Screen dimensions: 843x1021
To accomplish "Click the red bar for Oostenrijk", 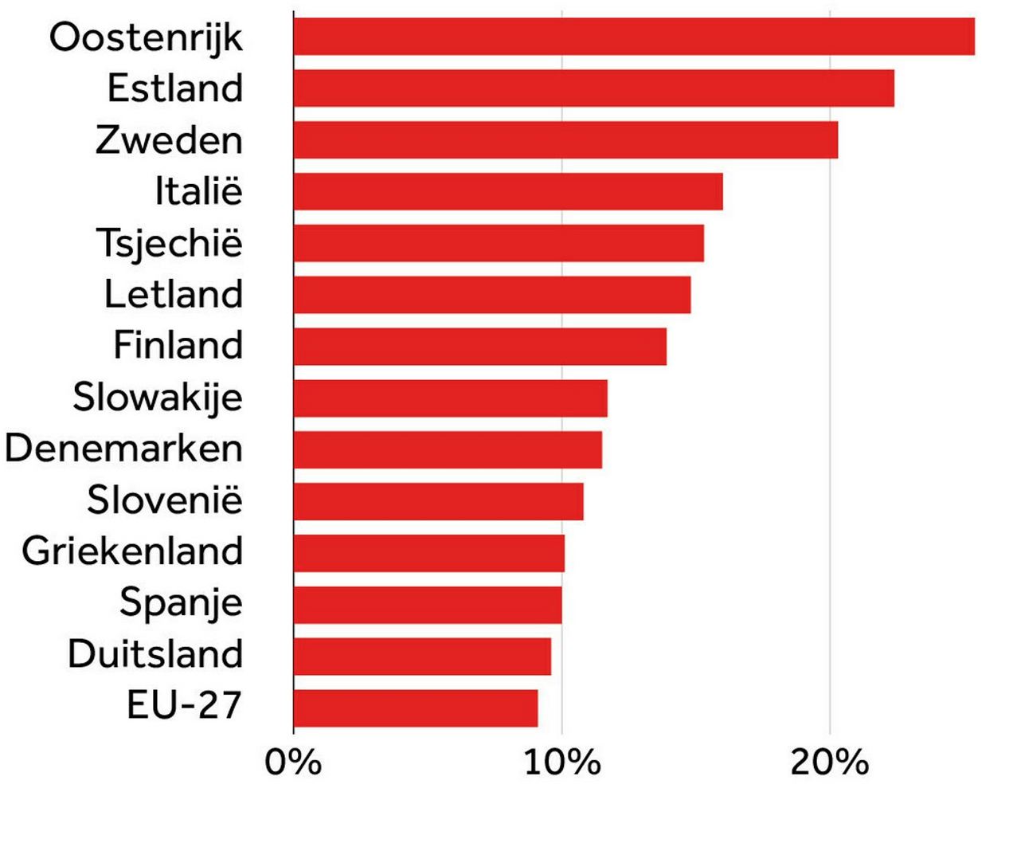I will pos(633,37).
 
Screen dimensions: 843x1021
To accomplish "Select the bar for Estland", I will pos(593,88).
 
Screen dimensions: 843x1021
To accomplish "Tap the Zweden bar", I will pos(565,140).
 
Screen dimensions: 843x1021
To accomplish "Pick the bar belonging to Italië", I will pos(507,191).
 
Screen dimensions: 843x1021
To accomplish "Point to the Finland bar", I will pos(479,347).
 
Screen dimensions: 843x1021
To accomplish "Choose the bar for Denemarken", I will pos(447,449).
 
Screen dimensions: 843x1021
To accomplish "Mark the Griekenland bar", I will pos(428,553).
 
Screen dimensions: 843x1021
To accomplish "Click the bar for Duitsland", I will pos(422,656).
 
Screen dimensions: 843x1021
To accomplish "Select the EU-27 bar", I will pos(415,708).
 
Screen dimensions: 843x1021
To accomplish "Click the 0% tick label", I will pos(293,763).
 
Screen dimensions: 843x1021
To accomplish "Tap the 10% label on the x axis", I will pos(562,763).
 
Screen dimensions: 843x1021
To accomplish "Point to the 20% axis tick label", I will pos(829,763).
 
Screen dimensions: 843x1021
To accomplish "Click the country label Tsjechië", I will pos(169,243).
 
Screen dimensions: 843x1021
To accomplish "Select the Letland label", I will pos(174,294).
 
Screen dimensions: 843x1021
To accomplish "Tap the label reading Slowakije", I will pos(158,398).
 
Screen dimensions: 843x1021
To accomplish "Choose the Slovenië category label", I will pos(165,500).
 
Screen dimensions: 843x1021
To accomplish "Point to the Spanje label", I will pos(181,603).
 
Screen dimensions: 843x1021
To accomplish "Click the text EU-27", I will pos(184,706).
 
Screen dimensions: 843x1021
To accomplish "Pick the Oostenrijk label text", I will pos(146,37).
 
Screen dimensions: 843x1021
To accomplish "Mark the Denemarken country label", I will pos(123,449).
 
